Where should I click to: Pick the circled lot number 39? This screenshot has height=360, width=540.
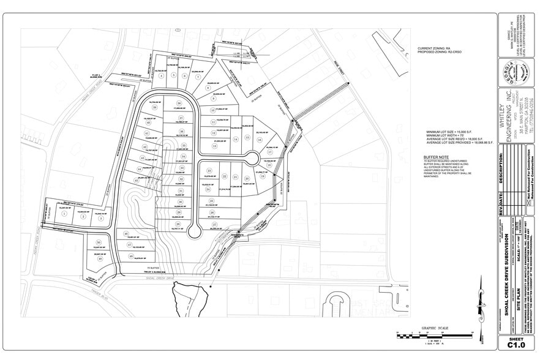[154, 108]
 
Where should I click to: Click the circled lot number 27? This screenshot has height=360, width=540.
[215, 225]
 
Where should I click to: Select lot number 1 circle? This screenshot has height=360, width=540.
[64, 215]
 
